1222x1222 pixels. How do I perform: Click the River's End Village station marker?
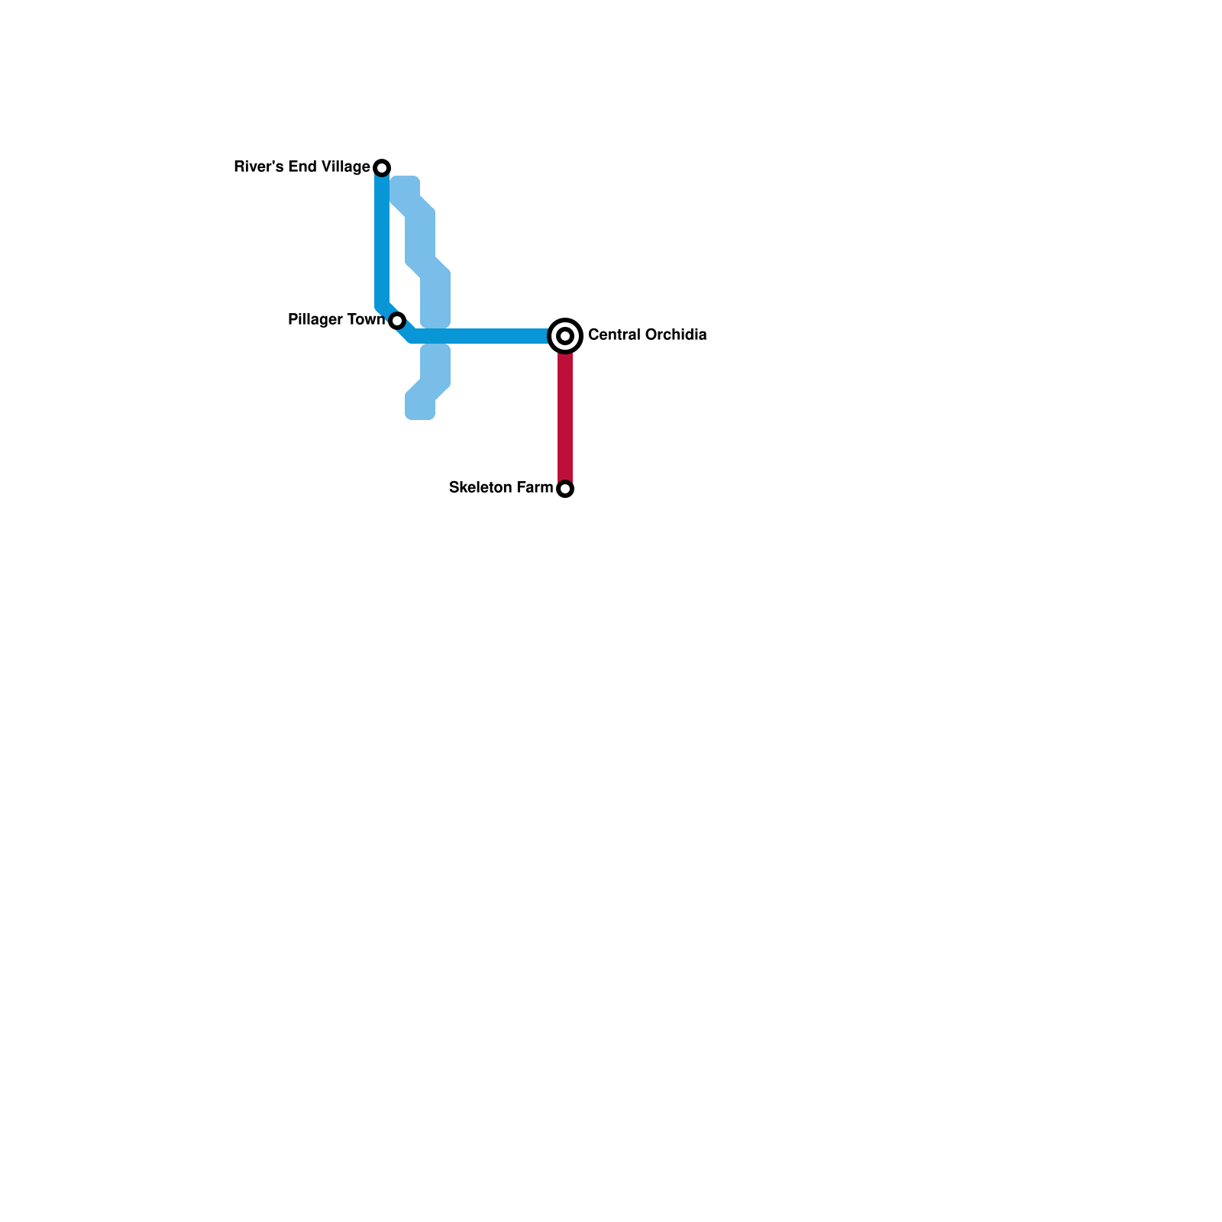(x=382, y=167)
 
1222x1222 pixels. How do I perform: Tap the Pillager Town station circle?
(x=396, y=321)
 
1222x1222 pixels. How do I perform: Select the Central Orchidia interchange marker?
(x=565, y=335)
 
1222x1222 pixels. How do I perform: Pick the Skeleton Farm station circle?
(x=565, y=489)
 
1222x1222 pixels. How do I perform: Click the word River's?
(x=257, y=166)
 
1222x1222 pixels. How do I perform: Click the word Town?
(x=367, y=319)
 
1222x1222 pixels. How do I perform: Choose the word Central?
(x=613, y=335)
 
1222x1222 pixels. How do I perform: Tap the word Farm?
(x=535, y=487)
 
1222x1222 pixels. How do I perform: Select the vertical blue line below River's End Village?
(x=382, y=237)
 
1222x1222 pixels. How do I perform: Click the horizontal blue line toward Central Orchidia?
(x=481, y=336)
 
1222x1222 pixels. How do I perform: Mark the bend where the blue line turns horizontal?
(x=411, y=335)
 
